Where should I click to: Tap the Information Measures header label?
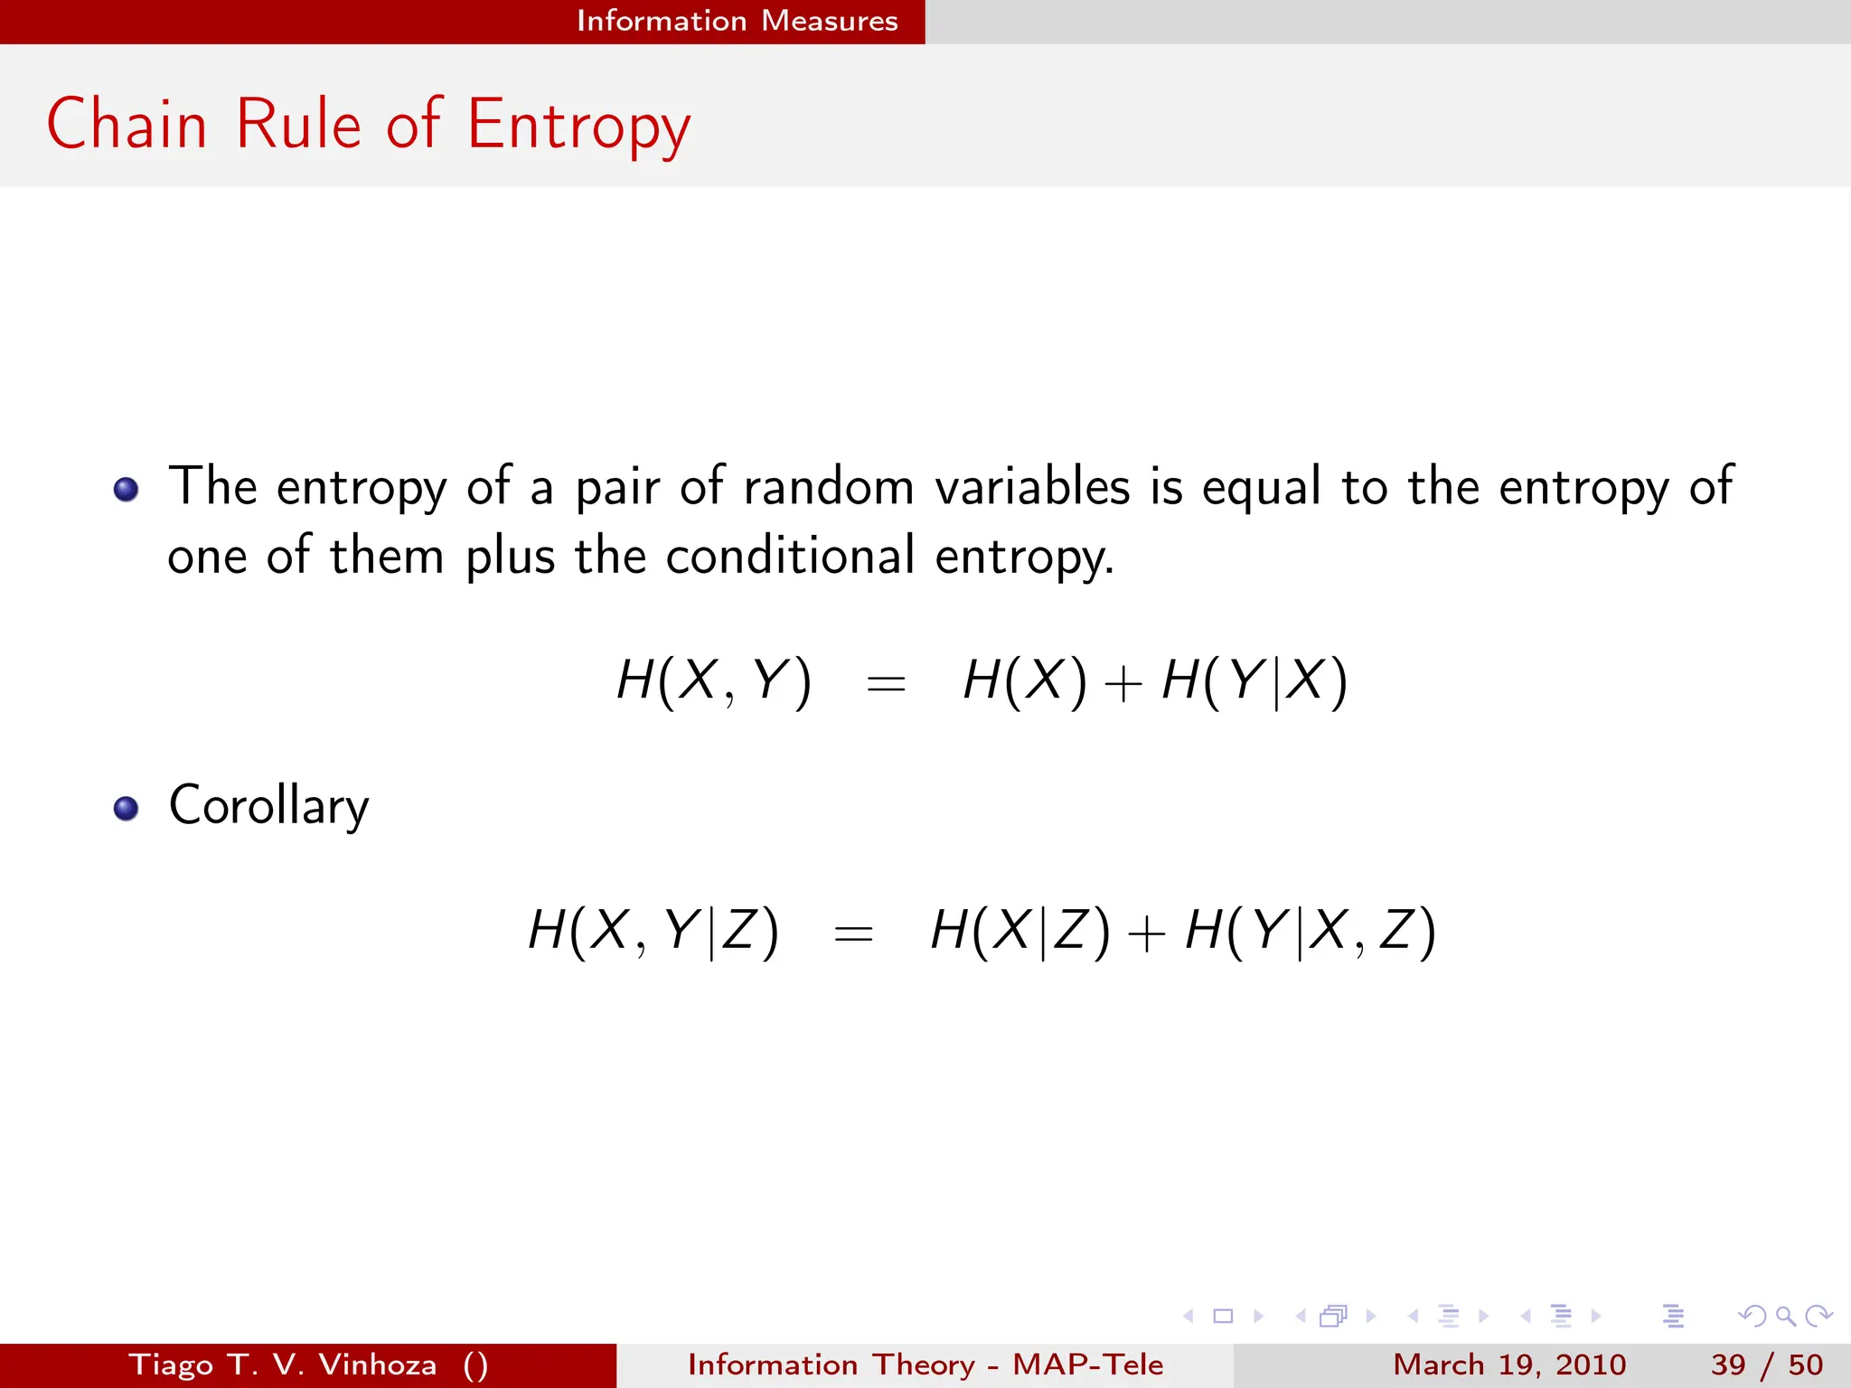(x=737, y=21)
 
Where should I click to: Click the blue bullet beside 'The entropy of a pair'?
(x=127, y=490)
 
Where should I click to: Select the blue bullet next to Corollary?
(x=127, y=808)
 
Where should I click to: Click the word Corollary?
(x=268, y=806)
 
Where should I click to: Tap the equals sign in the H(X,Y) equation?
(x=886, y=684)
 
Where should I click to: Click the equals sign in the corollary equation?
(x=853, y=933)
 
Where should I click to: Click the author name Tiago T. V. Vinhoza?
(x=282, y=1365)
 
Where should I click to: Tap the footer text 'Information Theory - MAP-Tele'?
(x=925, y=1365)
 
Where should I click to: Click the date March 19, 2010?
(x=1508, y=1365)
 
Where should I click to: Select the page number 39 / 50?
(x=1766, y=1365)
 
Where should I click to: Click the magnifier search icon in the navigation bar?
(x=1785, y=1317)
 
